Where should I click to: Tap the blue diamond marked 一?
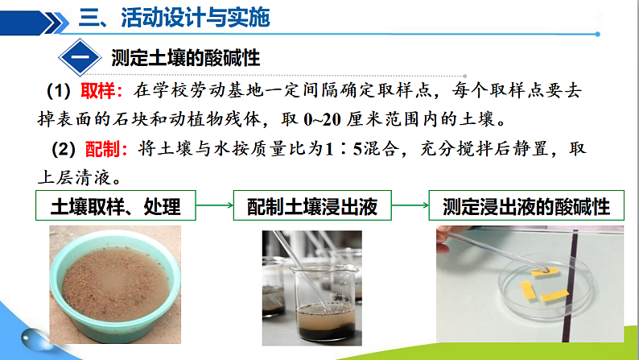[x=80, y=59]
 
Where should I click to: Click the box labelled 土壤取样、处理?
[x=115, y=208]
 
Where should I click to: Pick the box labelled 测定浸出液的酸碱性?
[x=526, y=208]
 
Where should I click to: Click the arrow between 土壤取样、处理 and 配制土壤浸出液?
[x=214, y=208]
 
